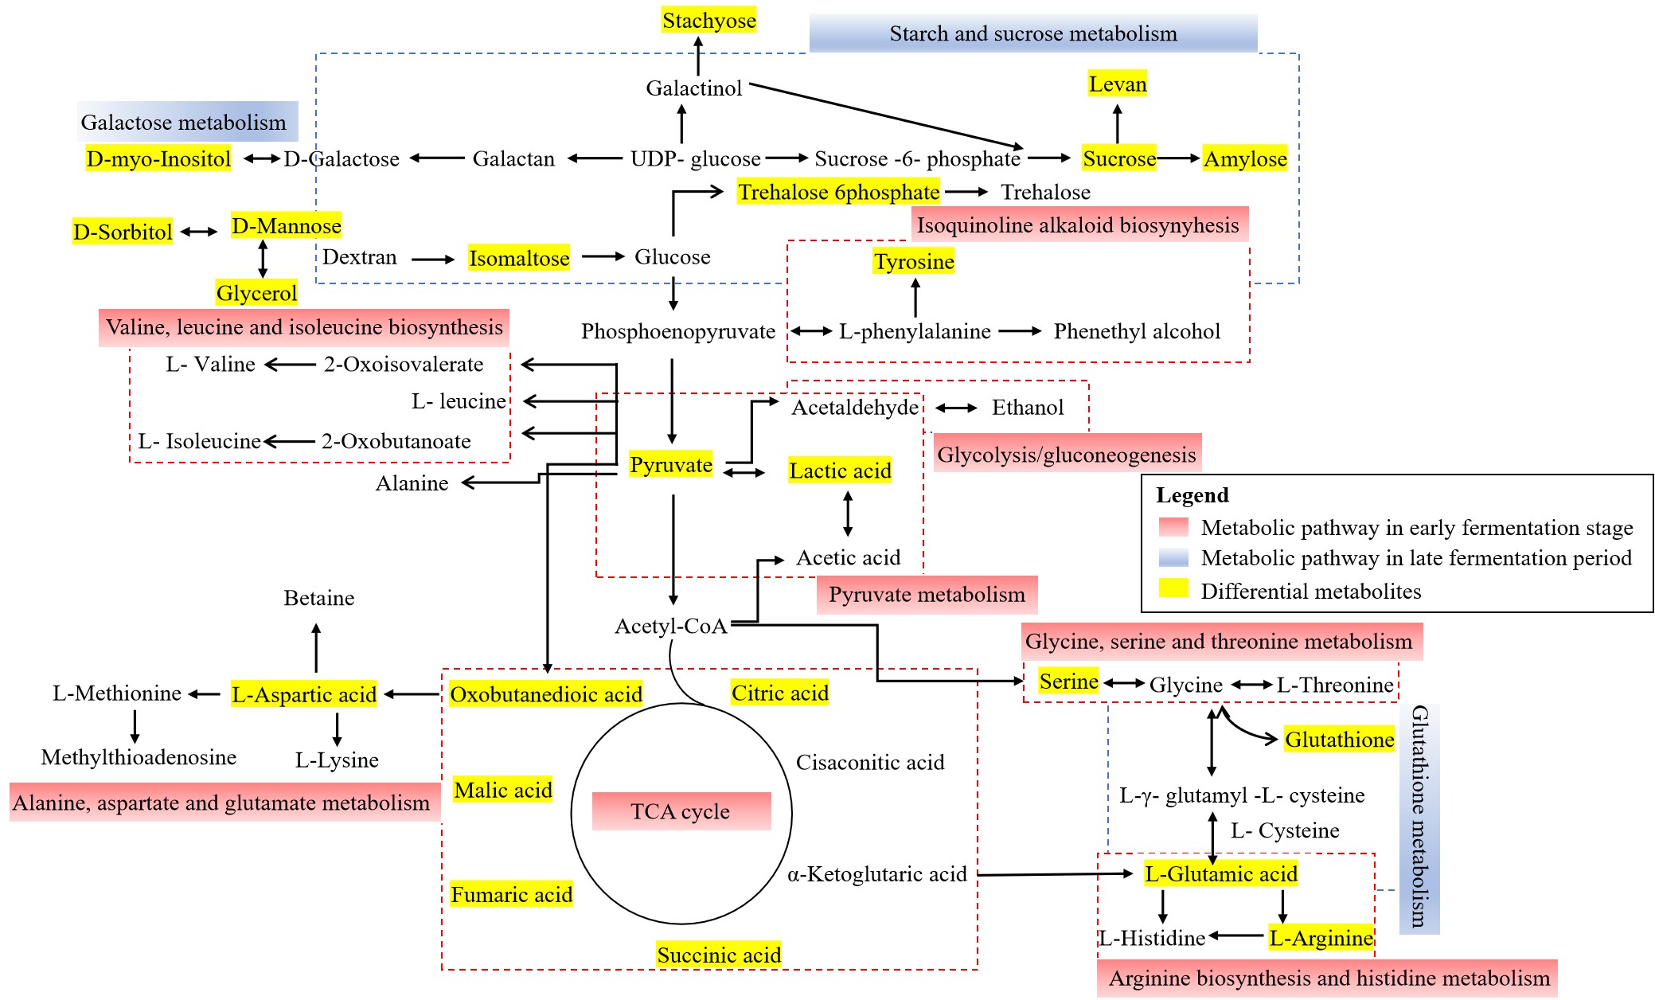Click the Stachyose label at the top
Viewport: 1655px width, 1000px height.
pos(708,21)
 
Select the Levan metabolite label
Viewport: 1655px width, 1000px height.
pos(1118,84)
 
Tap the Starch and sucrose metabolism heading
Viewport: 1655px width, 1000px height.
pos(1032,33)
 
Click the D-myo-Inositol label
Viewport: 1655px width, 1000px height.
pos(158,158)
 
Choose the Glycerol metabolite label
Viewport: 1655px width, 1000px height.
pos(256,293)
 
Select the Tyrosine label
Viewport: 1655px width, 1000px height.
pos(914,261)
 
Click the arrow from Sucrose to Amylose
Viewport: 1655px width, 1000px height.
pos(1179,158)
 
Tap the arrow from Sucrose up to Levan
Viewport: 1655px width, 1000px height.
pos(1118,123)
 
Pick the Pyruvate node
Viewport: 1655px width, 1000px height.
pos(670,465)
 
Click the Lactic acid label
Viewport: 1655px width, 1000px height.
pos(840,471)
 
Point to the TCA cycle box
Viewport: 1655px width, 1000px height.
pos(681,811)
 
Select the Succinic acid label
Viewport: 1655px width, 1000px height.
pos(718,955)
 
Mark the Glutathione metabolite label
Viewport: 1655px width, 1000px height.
pos(1339,740)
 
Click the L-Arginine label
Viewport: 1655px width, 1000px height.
pos(1321,938)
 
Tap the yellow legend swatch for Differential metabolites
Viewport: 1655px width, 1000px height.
pos(1173,588)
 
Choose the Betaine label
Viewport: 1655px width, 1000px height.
pos(319,598)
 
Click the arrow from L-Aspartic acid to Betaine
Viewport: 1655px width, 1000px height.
pos(316,648)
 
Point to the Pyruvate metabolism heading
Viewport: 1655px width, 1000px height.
pos(927,595)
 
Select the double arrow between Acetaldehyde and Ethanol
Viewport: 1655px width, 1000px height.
pos(956,408)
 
